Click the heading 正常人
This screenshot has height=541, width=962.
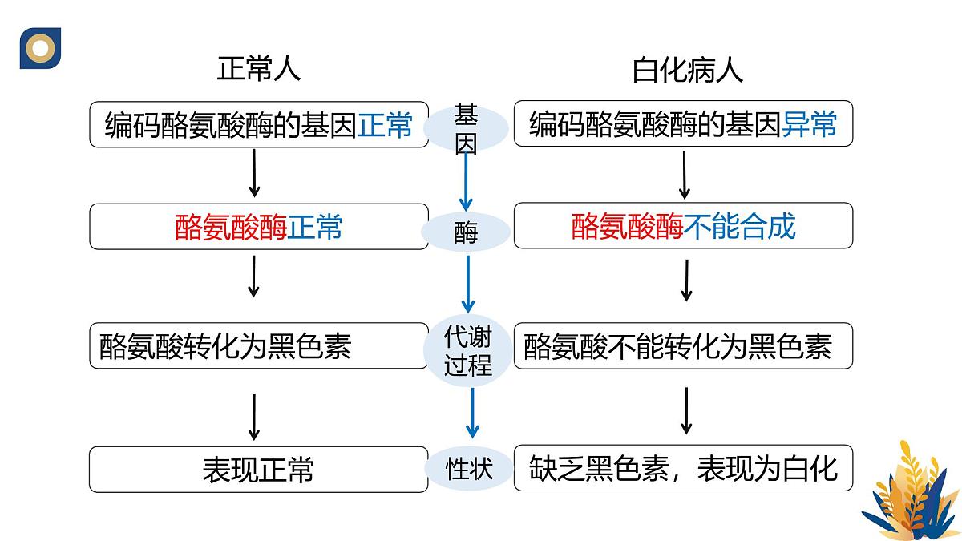258,70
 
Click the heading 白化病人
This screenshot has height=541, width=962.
687,71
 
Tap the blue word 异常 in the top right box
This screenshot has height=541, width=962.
809,125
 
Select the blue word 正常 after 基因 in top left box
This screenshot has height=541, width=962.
385,125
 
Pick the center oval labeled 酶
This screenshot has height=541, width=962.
466,232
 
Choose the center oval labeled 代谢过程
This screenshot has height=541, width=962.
467,351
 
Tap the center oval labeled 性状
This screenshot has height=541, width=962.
469,467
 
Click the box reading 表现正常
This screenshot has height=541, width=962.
258,469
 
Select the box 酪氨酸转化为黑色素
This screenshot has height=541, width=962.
258,346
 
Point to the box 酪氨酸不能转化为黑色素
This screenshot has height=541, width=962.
683,346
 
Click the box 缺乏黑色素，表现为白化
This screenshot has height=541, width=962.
683,468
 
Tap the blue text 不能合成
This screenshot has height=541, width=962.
740,227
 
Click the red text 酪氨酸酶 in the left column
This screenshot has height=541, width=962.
231,228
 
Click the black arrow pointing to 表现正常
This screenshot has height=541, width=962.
254,417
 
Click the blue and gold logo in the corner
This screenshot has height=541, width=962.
40,48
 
